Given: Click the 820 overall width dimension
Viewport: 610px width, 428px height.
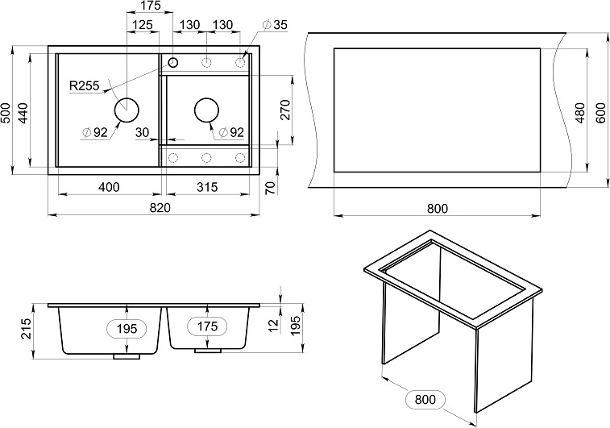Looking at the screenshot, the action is tap(160, 208).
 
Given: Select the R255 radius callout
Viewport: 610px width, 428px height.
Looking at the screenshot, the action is tap(85, 85).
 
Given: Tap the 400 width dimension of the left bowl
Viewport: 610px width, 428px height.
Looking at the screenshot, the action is tap(109, 187).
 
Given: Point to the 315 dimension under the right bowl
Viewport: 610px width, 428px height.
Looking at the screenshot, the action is tap(207, 187).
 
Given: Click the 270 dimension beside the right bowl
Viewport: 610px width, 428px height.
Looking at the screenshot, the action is tap(285, 110).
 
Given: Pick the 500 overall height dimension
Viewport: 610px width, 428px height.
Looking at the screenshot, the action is tap(6, 113).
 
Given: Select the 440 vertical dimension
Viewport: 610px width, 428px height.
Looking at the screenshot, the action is tap(23, 113).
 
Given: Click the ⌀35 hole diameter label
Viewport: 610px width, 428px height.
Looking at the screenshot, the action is tap(275, 25).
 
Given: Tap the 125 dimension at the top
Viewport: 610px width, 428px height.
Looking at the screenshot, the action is tap(142, 25).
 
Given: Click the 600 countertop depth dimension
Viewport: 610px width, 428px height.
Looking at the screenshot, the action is tap(601, 113).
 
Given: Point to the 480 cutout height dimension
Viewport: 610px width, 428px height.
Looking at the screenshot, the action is tap(580, 113).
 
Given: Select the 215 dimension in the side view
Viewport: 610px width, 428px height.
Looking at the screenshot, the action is tap(25, 329).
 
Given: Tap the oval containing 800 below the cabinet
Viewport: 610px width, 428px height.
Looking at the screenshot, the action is tap(425, 400).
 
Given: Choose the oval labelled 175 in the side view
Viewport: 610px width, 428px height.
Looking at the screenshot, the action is tap(207, 326).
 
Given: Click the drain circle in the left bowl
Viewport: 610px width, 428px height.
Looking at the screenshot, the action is tap(127, 110).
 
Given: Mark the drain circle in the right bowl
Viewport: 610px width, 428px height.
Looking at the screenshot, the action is tap(206, 110).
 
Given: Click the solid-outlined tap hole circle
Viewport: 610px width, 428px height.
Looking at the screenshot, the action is tap(172, 62).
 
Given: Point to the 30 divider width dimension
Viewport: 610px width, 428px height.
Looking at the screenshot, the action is tap(143, 133).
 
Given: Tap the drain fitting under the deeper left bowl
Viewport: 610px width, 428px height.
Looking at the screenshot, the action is tap(127, 356).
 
